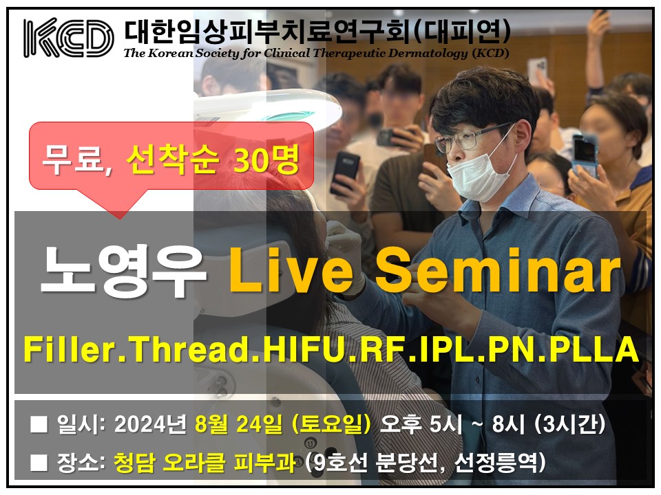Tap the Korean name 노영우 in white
click(x=123, y=271)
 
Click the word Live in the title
click(x=291, y=269)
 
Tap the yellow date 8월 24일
click(x=239, y=424)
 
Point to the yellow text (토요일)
click(x=331, y=424)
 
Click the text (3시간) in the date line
click(x=570, y=424)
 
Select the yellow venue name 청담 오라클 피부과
click(x=204, y=462)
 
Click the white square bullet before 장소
click(x=39, y=463)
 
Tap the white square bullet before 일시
click(x=39, y=425)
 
